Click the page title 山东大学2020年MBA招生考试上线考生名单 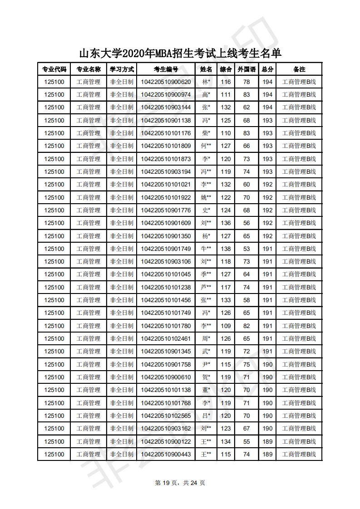180,53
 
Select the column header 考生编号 166,69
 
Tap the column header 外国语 247,69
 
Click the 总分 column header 268,69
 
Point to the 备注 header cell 299,69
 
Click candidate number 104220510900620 166,82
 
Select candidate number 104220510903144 166,108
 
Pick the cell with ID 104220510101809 166,146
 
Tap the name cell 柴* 206,133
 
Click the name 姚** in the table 206,197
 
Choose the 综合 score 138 226,249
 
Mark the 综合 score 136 226,223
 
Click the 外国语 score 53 247,249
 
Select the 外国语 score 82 247,326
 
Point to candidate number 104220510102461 166,338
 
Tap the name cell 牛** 206,249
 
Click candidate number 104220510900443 166,454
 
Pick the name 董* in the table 206,390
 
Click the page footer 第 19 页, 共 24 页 180,483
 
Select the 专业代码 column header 54,69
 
